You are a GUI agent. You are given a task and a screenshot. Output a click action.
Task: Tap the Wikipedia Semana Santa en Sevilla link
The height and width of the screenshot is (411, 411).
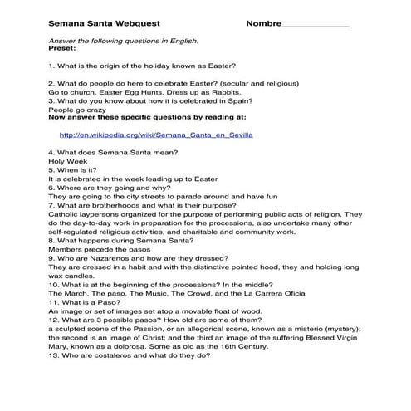(x=156, y=134)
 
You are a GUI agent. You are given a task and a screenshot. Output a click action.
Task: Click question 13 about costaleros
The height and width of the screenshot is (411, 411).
(x=129, y=356)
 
